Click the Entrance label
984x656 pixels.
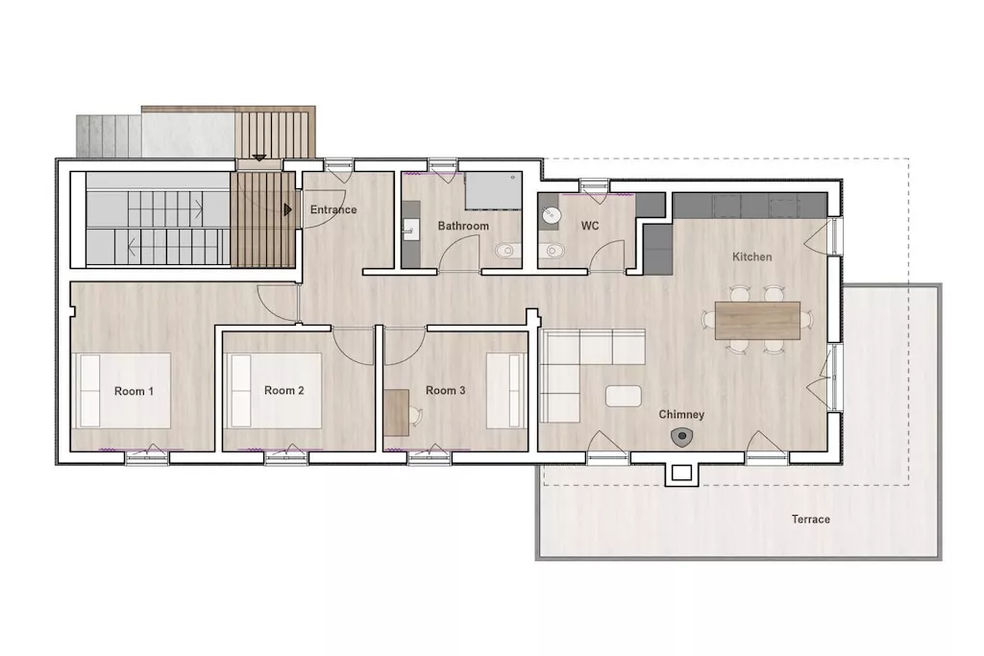pyautogui.click(x=333, y=209)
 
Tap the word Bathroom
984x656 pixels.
pyautogui.click(x=463, y=226)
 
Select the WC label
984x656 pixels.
pyautogui.click(x=590, y=226)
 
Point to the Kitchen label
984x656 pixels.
pyautogui.click(x=751, y=256)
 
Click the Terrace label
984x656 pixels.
pyautogui.click(x=811, y=520)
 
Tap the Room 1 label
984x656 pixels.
pyautogui.click(x=134, y=391)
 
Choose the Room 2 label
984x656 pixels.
pyautogui.click(x=284, y=390)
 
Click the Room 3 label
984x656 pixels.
pyautogui.click(x=446, y=390)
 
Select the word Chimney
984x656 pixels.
pyautogui.click(x=681, y=415)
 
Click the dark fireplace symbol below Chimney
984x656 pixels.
pyautogui.click(x=681, y=436)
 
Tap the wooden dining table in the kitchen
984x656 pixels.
pyautogui.click(x=757, y=321)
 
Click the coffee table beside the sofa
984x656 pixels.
pyautogui.click(x=623, y=397)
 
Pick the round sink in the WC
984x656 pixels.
pyautogui.click(x=552, y=215)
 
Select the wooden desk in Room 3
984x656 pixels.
pyautogui.click(x=397, y=413)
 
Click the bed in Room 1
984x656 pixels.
pyautogui.click(x=122, y=391)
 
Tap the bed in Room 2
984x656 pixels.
pyautogui.click(x=274, y=390)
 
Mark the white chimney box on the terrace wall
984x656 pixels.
pyautogui.click(x=681, y=473)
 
